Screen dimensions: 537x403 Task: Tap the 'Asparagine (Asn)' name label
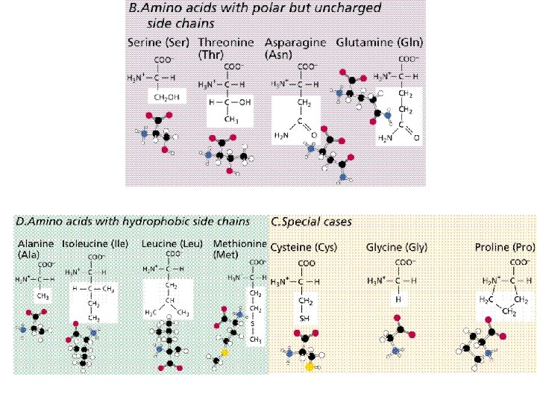(x=296, y=49)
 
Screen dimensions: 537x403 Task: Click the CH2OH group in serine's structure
(x=166, y=97)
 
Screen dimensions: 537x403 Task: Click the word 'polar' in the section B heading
(x=260, y=9)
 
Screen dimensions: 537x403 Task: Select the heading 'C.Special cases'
(x=311, y=222)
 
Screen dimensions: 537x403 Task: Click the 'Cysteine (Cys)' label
(x=304, y=247)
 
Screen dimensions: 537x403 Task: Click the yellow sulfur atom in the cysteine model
(x=309, y=366)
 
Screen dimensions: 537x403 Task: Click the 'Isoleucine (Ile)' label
(x=95, y=244)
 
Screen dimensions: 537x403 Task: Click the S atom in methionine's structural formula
(x=257, y=324)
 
